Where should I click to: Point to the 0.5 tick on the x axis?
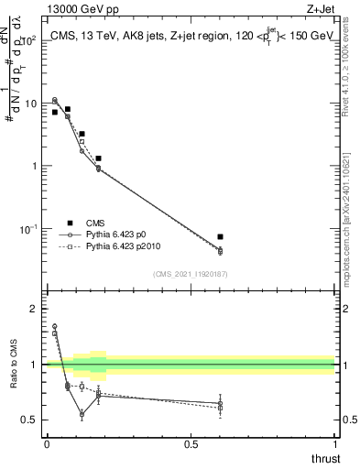pyautogui.click(x=191, y=443)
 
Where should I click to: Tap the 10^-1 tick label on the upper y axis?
pyautogui.click(x=28, y=228)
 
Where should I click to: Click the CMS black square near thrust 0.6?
pyautogui.click(x=220, y=237)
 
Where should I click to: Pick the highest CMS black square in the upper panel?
pyautogui.click(x=68, y=109)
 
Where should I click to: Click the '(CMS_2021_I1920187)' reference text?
pyautogui.click(x=190, y=274)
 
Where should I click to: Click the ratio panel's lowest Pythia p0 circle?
pyautogui.click(x=82, y=414)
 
